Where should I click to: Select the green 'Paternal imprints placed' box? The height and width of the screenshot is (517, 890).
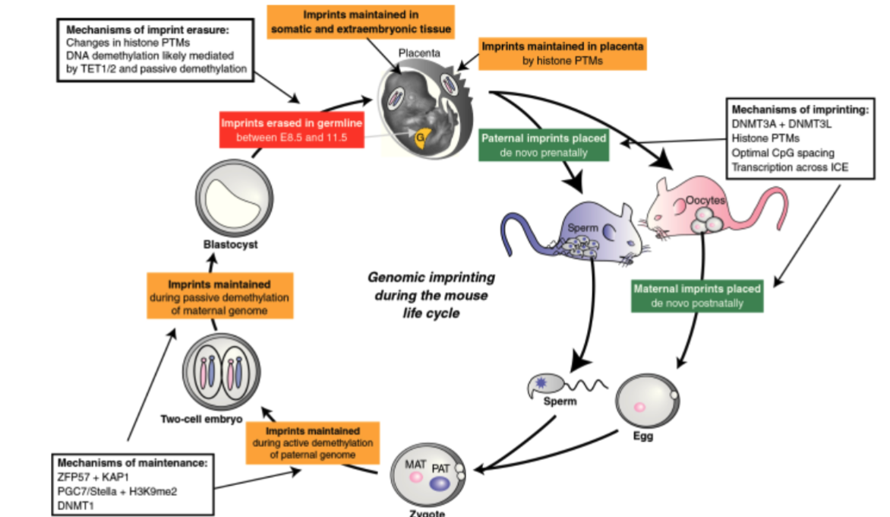(544, 145)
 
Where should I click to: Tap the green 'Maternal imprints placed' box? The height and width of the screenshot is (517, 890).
(696, 297)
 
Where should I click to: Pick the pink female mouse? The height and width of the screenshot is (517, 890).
(699, 209)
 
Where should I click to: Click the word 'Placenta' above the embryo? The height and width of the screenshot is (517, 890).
(418, 55)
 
